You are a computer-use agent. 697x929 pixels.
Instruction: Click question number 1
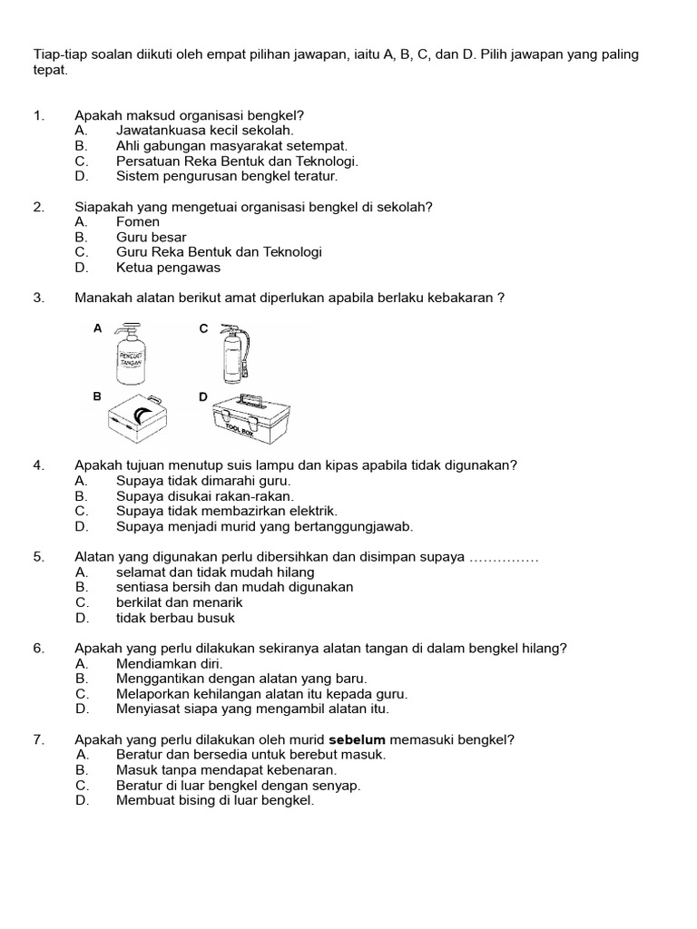(38, 115)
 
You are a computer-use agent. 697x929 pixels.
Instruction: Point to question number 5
(38, 557)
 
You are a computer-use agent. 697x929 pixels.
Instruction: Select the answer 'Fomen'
(138, 221)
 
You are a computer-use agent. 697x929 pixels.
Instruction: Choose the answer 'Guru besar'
(152, 237)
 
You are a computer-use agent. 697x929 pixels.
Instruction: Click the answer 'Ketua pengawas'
(169, 268)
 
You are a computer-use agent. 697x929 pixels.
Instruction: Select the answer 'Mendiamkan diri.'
(170, 663)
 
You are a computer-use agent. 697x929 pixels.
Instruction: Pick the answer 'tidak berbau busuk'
(175, 618)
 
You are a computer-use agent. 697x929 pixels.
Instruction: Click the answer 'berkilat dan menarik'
(180, 602)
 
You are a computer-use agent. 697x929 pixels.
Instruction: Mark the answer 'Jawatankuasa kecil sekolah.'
(205, 130)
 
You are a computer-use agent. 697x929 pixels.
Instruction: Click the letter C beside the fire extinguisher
(204, 328)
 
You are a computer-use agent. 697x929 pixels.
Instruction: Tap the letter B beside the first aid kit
(97, 396)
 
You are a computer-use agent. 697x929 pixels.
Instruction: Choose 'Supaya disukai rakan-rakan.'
(205, 496)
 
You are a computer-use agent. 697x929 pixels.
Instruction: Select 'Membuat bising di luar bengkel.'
(215, 800)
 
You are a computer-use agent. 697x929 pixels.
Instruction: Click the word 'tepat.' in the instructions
(51, 70)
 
